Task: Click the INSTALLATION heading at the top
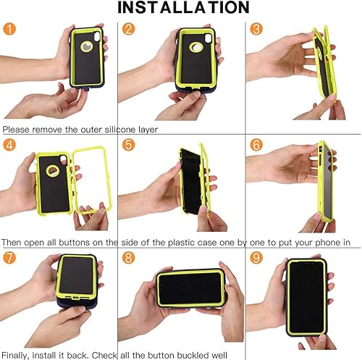181,9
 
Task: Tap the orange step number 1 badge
9,30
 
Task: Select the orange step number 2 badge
129,30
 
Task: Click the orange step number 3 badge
256,30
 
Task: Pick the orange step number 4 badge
9,145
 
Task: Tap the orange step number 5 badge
129,145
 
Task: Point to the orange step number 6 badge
256,145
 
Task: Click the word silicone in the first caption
117,130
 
